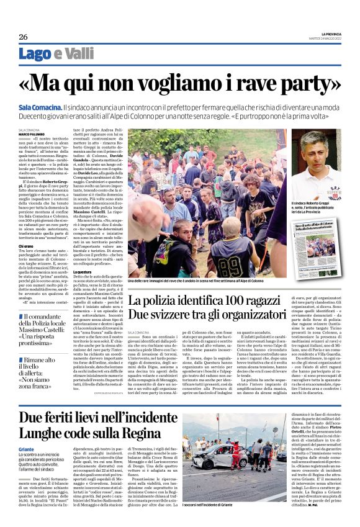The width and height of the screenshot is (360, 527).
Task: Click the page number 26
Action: click(22, 37)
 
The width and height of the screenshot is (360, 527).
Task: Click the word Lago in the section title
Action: click(35, 54)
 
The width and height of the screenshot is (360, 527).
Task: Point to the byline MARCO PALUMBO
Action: click(32, 134)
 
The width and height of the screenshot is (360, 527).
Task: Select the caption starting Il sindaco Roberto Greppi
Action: click(316, 207)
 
